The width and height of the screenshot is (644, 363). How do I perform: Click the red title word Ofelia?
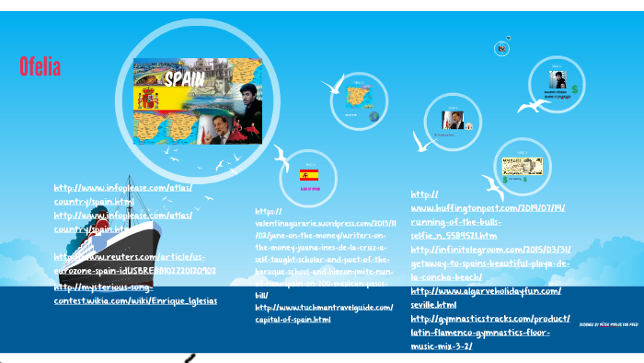(40, 66)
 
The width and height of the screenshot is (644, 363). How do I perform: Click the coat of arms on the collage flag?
(147, 100)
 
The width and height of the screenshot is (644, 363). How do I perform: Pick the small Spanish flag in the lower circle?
(311, 174)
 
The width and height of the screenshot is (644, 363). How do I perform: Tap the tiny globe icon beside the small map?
(374, 116)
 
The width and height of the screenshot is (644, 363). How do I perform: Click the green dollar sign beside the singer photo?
(574, 88)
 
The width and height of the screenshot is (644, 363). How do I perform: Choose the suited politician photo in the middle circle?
(452, 121)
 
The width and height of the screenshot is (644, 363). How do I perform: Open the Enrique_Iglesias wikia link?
(135, 300)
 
